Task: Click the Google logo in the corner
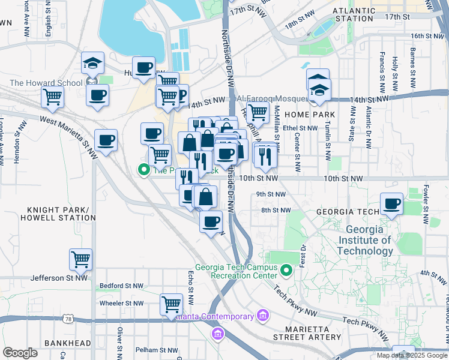(x=20, y=352)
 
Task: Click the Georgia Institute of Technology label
(x=369, y=240)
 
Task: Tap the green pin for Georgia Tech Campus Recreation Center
(x=286, y=272)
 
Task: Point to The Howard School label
(x=46, y=83)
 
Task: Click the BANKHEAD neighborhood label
(x=67, y=343)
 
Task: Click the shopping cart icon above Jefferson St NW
(x=80, y=259)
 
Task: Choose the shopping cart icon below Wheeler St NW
(x=171, y=304)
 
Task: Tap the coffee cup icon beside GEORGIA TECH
(x=391, y=203)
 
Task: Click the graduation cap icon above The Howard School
(x=93, y=62)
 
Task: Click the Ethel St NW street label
(x=301, y=128)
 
